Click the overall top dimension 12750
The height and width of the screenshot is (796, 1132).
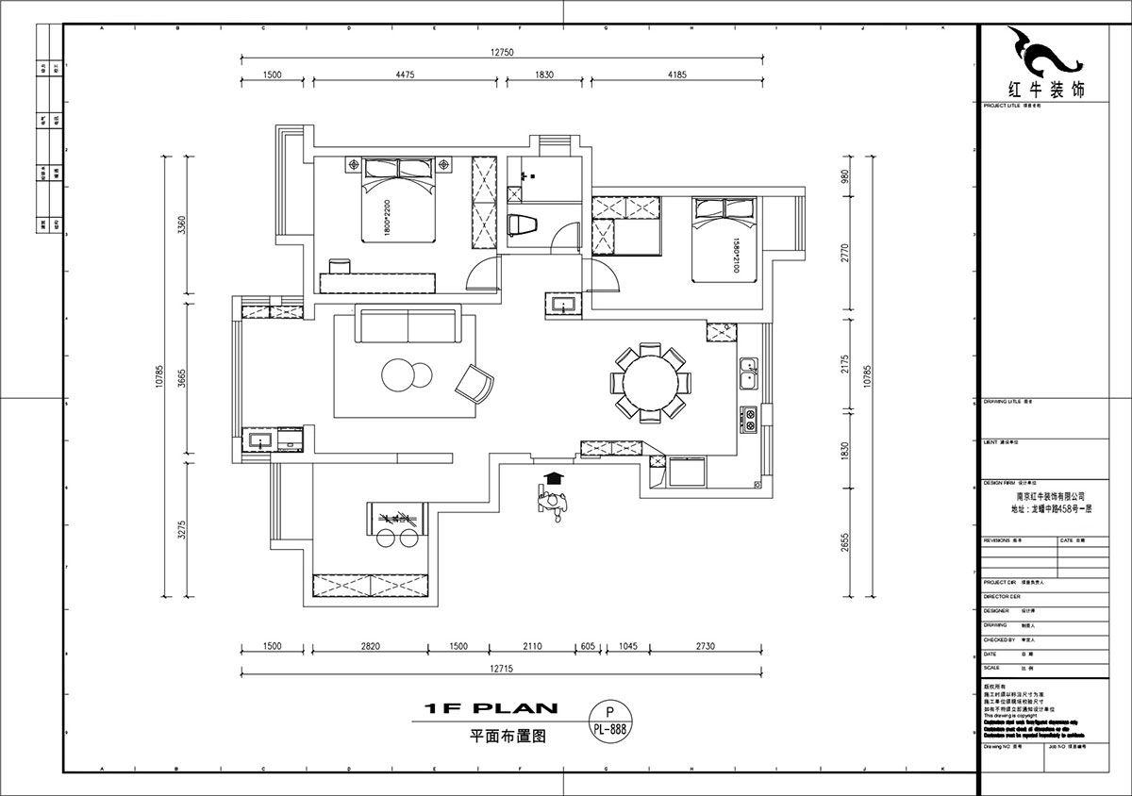click(x=501, y=53)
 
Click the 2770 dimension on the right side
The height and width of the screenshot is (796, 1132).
click(x=845, y=253)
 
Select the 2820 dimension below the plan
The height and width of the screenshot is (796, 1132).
click(x=370, y=646)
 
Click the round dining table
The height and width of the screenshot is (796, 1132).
click(x=648, y=382)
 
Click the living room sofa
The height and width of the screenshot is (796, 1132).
click(x=407, y=325)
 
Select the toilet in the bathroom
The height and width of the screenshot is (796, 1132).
click(x=521, y=225)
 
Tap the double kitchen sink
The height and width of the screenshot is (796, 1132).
click(x=748, y=373)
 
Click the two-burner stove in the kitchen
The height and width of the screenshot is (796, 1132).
click(x=749, y=418)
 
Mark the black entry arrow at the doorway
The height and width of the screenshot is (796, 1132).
click(x=554, y=478)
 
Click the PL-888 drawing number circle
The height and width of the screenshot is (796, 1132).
click(x=610, y=721)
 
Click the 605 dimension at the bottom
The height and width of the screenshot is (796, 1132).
click(x=588, y=646)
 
